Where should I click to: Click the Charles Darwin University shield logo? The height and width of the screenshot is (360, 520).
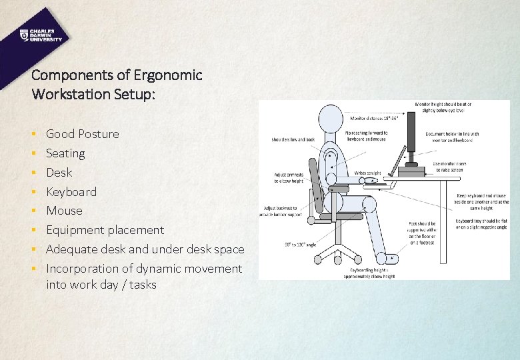pos(24,35)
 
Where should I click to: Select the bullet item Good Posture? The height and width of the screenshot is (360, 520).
pos(83,134)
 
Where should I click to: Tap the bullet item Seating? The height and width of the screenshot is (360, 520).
pos(65,153)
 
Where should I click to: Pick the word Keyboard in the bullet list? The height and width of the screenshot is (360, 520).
pos(71,192)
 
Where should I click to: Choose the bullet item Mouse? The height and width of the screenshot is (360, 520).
pos(64,211)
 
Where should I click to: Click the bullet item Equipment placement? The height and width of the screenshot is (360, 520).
pos(105,230)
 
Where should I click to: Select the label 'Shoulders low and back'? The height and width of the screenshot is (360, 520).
pos(291,139)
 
